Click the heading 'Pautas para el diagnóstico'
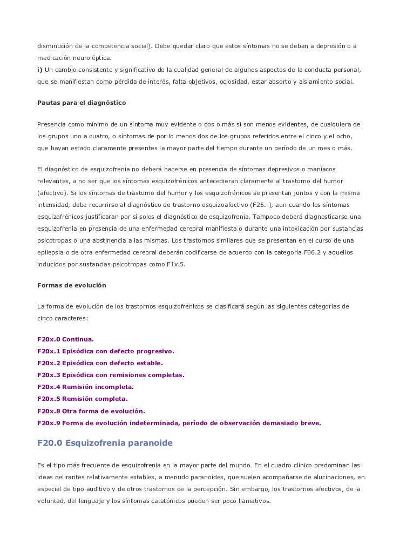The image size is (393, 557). point(80,102)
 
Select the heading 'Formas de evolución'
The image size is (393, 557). point(71,285)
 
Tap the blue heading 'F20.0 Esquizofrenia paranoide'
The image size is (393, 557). point(104,444)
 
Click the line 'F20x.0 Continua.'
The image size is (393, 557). point(65,339)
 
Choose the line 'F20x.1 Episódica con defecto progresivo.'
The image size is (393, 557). point(105,351)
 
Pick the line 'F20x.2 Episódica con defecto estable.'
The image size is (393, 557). point(99,363)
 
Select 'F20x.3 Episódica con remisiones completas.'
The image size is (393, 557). point(111,375)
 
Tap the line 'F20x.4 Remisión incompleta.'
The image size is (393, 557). point(85,387)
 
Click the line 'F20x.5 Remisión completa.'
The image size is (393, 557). point(82,399)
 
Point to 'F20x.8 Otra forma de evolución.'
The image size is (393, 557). point(91,411)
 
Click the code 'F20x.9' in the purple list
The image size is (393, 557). point(48,423)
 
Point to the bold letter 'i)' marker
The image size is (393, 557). point(39,71)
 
